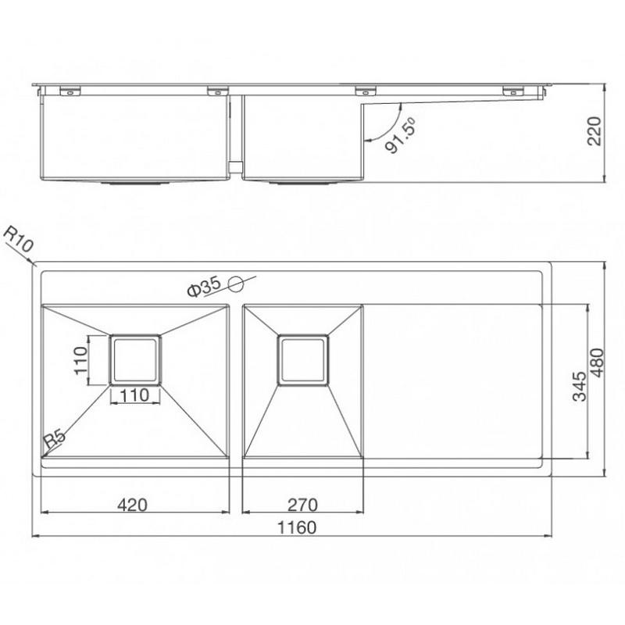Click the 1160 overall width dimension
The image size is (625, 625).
[296, 527]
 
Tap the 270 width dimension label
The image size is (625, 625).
[302, 504]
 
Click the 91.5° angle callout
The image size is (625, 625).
[399, 135]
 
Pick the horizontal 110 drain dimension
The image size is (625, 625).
[135, 395]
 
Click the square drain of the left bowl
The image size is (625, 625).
[135, 359]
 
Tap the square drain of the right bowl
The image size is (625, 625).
[302, 359]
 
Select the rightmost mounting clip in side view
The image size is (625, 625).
[512, 91]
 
